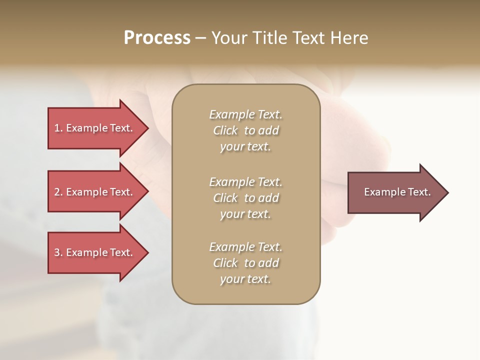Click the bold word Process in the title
tap(157, 38)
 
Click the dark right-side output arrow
tap(395, 192)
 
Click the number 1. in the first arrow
tap(58, 128)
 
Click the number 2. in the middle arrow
tap(58, 192)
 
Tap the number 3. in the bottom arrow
tap(58, 252)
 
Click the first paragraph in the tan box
tap(245, 130)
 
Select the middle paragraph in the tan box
tap(245, 198)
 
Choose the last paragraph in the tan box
tap(245, 263)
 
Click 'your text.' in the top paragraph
tap(245, 147)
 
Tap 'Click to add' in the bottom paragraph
tap(245, 263)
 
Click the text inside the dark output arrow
tap(397, 192)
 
